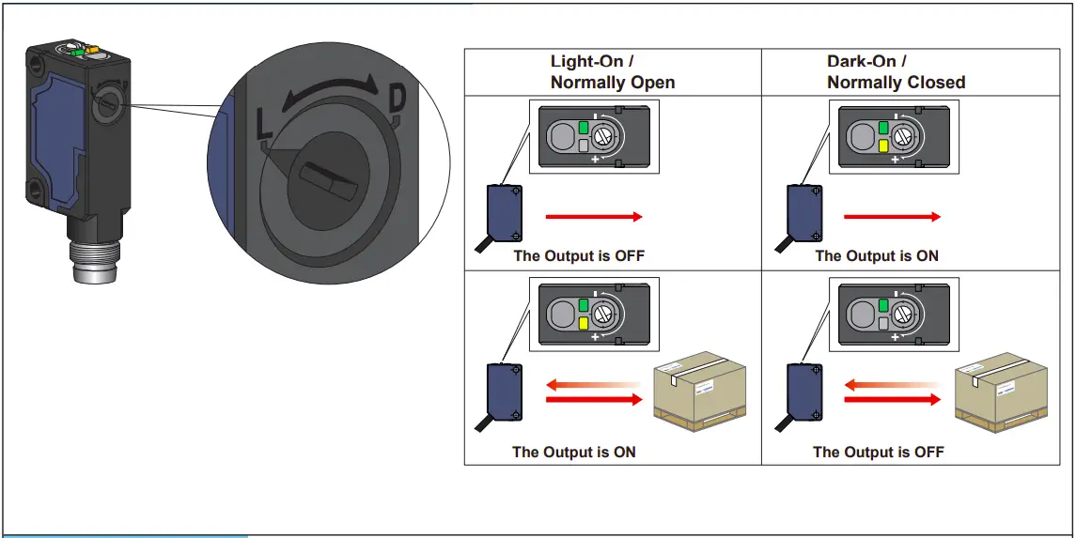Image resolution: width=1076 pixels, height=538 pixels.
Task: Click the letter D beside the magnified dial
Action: click(398, 98)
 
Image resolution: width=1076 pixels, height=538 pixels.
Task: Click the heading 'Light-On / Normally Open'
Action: click(612, 72)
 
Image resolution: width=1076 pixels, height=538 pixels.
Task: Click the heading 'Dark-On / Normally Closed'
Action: click(895, 72)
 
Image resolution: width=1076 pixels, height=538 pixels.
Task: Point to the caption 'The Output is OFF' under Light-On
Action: click(579, 255)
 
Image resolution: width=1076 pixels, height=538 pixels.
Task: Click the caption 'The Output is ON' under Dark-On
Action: click(876, 255)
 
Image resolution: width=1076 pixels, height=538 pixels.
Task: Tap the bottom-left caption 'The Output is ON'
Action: click(573, 452)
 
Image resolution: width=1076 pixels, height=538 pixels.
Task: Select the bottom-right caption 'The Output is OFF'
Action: click(878, 452)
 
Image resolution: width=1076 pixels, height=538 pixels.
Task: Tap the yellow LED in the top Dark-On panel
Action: click(883, 146)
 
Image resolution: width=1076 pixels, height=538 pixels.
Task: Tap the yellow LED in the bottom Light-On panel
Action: click(583, 324)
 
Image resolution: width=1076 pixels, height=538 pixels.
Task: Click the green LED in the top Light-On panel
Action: click(583, 128)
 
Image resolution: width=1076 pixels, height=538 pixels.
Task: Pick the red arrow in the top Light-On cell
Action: click(594, 217)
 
